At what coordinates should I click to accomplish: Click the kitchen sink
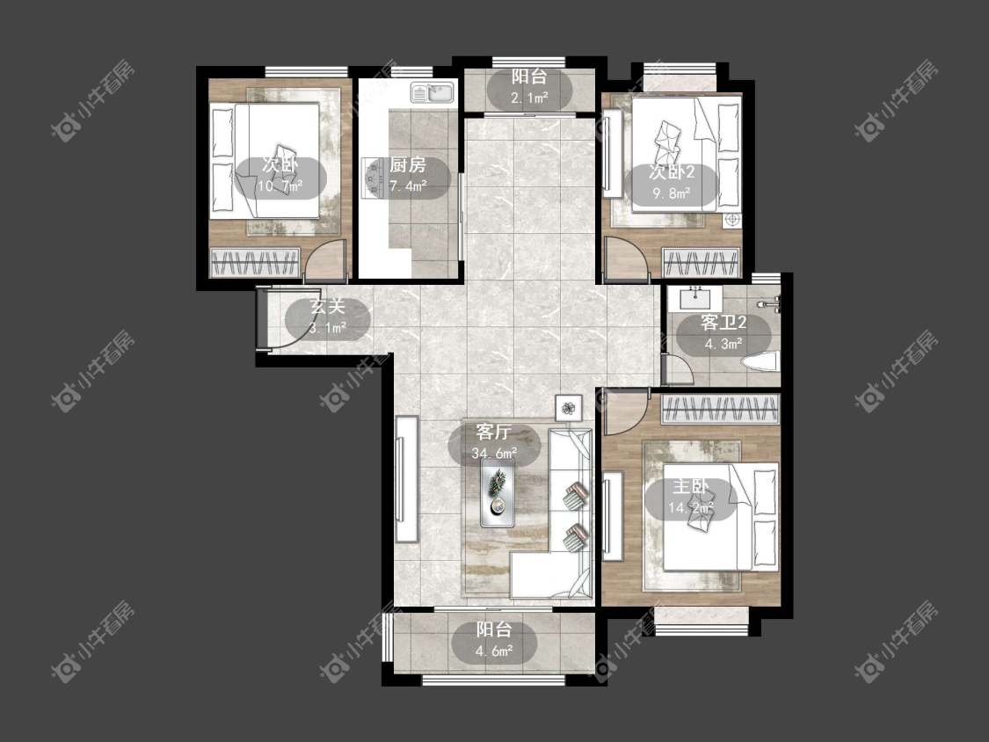433,92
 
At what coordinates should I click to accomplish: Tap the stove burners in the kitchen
374,178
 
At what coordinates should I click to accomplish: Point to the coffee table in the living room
498,492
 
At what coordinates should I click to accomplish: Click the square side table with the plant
570,408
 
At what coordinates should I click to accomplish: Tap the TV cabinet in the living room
406,478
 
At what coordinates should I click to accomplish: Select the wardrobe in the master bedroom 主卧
720,410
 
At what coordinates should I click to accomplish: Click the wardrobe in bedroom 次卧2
701,263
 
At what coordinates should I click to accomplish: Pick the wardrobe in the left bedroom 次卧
254,263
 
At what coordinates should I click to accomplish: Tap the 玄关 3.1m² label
328,317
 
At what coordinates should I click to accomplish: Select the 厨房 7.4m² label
407,176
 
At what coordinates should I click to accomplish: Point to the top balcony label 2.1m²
529,87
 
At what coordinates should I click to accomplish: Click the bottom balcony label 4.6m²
494,640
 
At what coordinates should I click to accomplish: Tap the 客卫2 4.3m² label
723,333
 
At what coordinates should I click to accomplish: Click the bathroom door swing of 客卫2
679,370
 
